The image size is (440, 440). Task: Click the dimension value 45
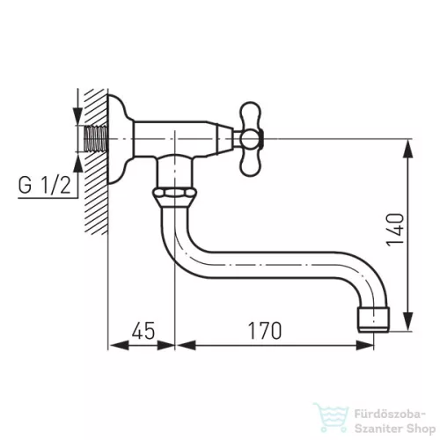(143, 331)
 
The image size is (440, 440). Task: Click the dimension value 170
(265, 331)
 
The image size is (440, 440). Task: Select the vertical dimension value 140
(395, 230)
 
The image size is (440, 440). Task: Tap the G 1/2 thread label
(45, 185)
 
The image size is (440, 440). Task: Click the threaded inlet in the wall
(96, 138)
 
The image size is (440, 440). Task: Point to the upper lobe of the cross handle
(250, 115)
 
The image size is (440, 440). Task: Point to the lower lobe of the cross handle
(250, 162)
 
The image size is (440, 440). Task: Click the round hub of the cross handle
(250, 139)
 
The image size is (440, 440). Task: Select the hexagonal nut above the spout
(174, 194)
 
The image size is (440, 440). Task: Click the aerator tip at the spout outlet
(374, 319)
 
